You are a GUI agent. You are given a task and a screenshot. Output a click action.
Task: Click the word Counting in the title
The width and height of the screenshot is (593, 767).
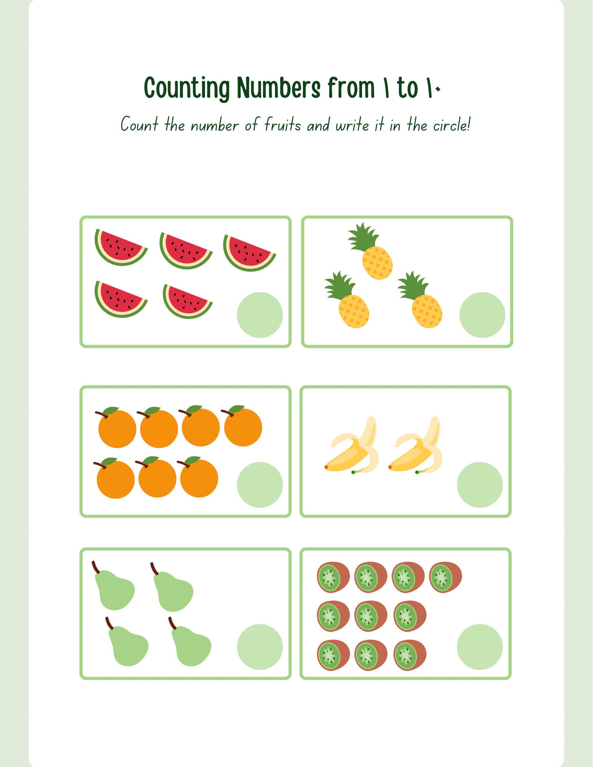[x=187, y=88]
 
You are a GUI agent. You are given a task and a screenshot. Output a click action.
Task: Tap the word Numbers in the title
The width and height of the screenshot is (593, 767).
[x=278, y=87]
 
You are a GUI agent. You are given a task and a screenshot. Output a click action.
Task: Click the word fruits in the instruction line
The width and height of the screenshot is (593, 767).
[x=283, y=125]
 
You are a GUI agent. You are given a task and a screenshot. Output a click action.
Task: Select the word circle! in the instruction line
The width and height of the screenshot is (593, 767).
[x=451, y=125]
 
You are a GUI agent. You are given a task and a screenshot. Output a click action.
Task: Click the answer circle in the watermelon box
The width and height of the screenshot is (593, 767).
[x=260, y=315]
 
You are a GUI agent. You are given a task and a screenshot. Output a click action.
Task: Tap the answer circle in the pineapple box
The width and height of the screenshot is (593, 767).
[x=482, y=315]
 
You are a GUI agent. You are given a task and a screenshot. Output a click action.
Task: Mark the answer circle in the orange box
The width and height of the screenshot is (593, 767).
[x=260, y=485]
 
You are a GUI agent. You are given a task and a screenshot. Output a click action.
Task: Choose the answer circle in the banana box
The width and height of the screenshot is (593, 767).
[x=480, y=485]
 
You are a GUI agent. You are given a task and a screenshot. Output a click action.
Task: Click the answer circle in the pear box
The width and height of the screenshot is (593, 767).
[x=260, y=647]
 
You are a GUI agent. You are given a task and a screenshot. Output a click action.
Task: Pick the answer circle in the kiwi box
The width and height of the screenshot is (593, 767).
[x=480, y=647]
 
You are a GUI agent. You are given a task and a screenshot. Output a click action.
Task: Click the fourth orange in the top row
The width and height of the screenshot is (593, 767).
[x=242, y=426]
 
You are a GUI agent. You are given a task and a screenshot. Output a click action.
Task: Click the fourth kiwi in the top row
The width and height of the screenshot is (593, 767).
[x=445, y=577]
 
